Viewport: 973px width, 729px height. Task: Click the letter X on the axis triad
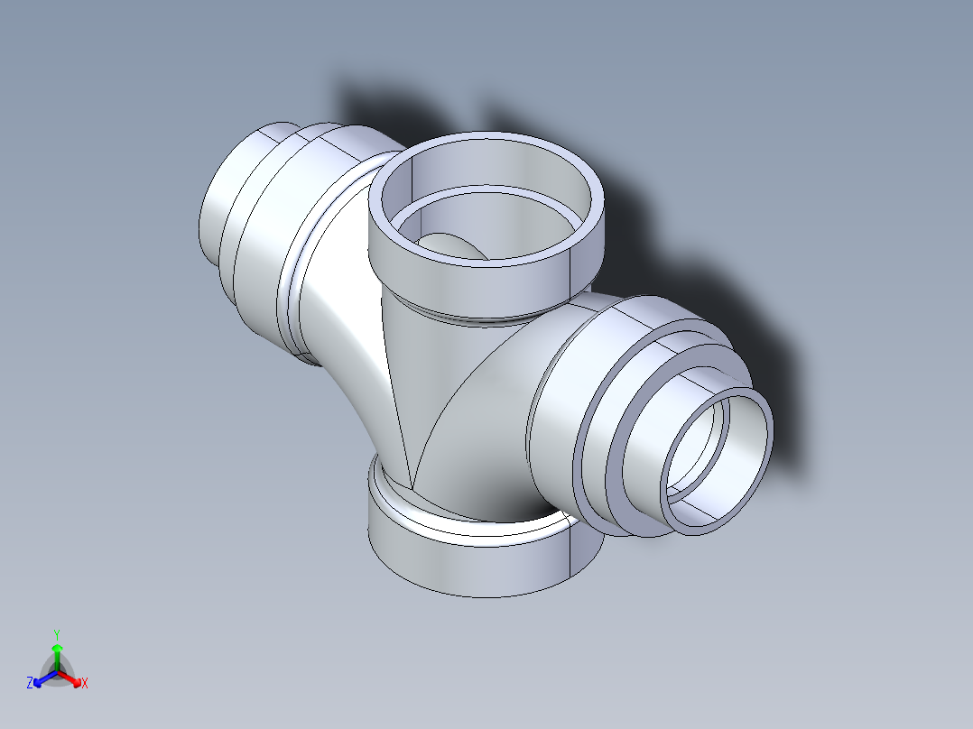[85, 684]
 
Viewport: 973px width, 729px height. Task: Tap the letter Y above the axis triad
[56, 633]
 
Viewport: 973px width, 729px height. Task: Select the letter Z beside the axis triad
[30, 684]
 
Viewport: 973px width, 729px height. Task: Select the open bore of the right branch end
[718, 451]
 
